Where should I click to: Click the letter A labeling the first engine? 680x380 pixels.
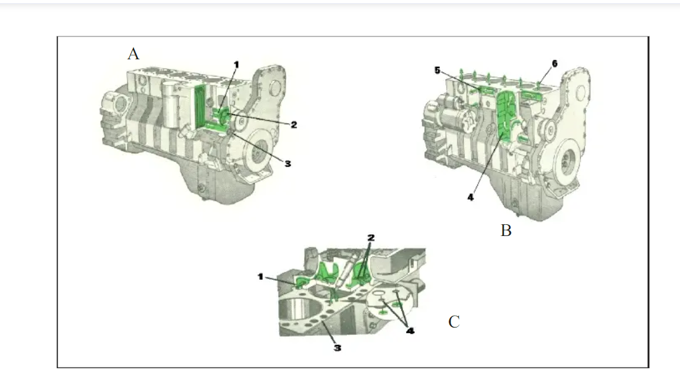pos(133,54)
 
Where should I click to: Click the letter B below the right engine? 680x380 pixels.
pos(506,231)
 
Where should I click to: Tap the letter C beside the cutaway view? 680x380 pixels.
pos(454,322)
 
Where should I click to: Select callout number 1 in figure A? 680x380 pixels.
pos(236,64)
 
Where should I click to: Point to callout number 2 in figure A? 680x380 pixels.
pos(294,125)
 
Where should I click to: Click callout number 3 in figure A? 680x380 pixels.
pos(287,163)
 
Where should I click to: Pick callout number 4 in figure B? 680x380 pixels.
pos(470,198)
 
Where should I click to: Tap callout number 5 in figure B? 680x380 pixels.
pos(437,70)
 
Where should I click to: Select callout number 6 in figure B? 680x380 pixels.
pos(554,64)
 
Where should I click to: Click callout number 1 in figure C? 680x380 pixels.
pos(261,277)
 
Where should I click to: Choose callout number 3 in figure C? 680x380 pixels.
pos(338,348)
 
